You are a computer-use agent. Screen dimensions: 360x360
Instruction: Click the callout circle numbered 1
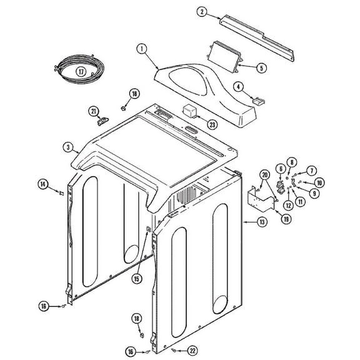[x=142, y=49]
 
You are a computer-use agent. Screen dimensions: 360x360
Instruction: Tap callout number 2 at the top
[x=202, y=12]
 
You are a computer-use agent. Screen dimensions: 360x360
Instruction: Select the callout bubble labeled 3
[x=68, y=147]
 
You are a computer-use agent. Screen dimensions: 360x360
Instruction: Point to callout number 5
[x=261, y=67]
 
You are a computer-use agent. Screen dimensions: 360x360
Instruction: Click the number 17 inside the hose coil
[x=81, y=72]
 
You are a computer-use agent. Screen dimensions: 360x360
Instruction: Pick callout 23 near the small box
[x=212, y=124]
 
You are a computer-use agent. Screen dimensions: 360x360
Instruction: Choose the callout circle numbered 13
[x=262, y=222]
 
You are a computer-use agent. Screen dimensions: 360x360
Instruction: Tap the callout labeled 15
[x=137, y=279]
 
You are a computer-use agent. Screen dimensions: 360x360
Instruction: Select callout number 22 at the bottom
[x=192, y=351]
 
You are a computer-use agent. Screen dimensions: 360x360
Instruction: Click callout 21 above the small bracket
[x=94, y=111]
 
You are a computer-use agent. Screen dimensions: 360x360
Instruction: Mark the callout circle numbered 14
[x=43, y=184]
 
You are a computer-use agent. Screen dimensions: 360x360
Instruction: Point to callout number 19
[x=286, y=219]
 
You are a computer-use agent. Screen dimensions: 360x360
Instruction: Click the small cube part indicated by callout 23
[x=189, y=111]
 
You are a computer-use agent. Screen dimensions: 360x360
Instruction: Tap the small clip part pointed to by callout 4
[x=258, y=101]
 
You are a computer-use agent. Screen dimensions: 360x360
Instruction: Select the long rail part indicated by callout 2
[x=257, y=38]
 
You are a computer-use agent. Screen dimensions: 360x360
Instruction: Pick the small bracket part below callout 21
[x=102, y=121]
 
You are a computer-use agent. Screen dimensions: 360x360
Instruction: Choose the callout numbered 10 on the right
[x=319, y=182]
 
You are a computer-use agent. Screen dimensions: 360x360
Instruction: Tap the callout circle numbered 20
[x=265, y=175]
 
